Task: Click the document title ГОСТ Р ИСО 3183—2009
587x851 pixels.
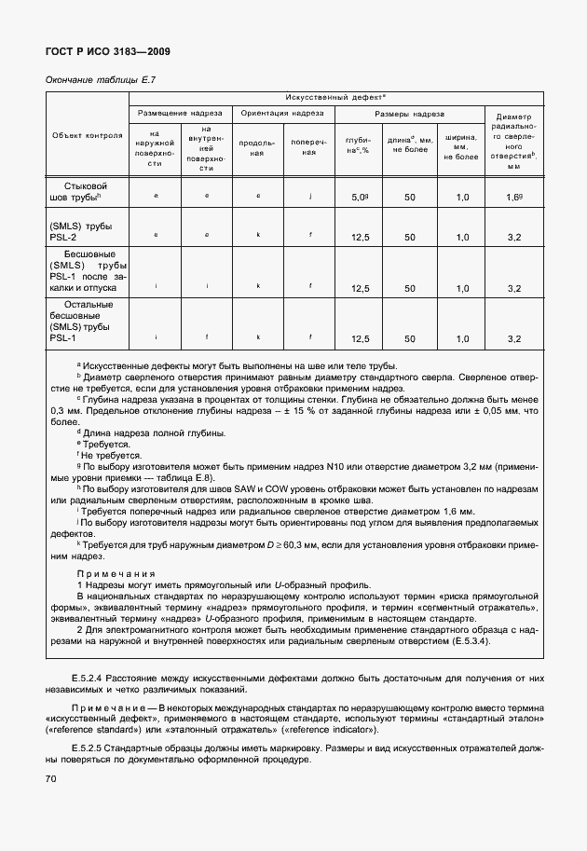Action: coord(108,51)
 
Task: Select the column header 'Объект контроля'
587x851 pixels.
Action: coord(88,135)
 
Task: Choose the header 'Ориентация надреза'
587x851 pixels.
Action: coord(282,113)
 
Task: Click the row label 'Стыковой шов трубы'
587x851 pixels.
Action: coord(87,192)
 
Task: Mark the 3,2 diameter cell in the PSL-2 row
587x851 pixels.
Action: coord(513,238)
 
